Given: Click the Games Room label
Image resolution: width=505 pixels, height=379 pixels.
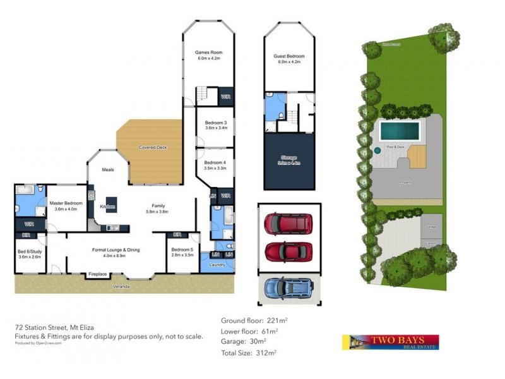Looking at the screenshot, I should coord(208,52).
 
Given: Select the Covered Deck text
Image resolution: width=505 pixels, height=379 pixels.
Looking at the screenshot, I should coord(152,148).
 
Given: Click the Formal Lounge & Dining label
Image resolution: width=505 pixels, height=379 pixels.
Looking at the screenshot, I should coord(116,250).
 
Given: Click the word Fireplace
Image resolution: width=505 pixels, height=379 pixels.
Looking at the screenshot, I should coord(97,274).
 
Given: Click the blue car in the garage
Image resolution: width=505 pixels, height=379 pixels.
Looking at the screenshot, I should coord(288,289).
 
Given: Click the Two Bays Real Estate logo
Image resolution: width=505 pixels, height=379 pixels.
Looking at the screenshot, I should coord(390,342).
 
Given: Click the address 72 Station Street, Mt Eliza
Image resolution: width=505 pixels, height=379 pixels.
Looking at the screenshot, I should coord(59,328).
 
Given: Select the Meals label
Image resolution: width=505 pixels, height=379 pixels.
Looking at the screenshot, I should coord(107,170).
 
